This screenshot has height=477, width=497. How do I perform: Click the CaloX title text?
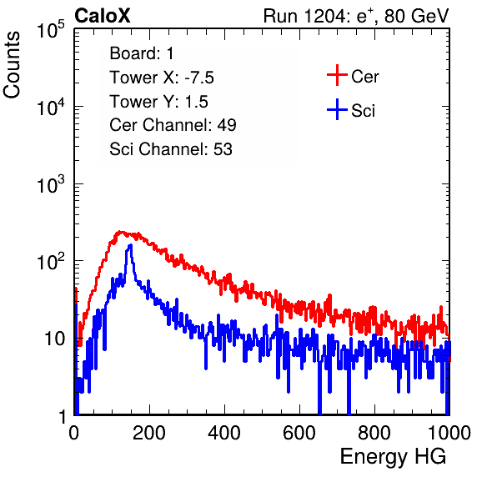[102, 16]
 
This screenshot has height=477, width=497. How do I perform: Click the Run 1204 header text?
[356, 16]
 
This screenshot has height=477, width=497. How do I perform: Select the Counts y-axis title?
[12, 65]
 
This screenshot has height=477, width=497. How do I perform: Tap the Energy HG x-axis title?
[393, 457]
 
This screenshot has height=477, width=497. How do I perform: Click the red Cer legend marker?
[337, 75]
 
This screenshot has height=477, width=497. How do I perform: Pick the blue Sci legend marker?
[337, 109]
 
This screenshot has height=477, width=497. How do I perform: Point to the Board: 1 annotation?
[142, 53]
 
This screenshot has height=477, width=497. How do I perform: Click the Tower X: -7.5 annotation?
[162, 78]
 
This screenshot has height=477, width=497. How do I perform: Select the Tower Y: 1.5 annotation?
[158, 102]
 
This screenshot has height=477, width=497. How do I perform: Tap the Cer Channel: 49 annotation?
[173, 125]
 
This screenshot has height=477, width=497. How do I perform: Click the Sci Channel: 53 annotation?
[171, 149]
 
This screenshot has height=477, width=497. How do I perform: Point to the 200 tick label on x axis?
[149, 433]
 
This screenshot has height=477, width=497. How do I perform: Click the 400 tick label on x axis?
[224, 433]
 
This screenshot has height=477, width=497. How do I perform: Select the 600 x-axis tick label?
[299, 433]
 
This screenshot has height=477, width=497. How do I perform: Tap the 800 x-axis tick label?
[374, 433]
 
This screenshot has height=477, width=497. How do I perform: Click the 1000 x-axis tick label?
[449, 433]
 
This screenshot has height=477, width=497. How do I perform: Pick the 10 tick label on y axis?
[54, 339]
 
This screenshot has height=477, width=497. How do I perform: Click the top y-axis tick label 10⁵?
[51, 29]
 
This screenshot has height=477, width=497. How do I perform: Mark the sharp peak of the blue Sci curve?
[130, 245]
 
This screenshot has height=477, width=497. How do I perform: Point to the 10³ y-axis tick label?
[51, 184]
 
